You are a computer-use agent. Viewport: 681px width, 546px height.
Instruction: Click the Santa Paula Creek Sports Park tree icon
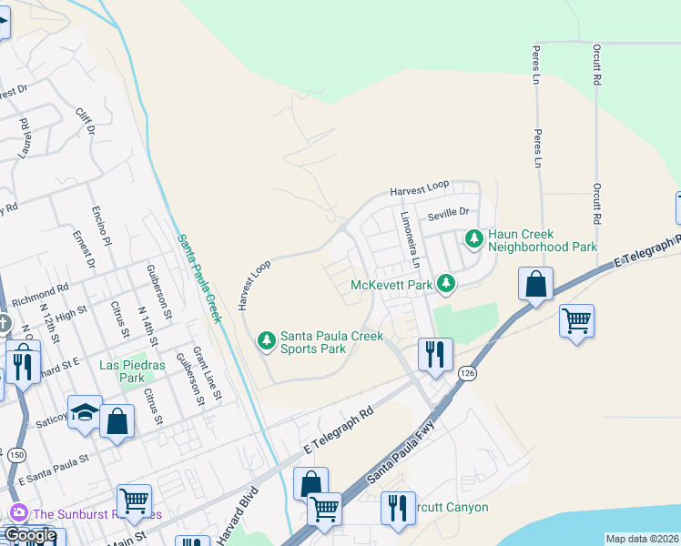[266, 341]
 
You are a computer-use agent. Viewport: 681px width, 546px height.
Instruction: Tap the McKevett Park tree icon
[445, 285]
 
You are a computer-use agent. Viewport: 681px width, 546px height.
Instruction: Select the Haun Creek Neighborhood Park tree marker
[473, 240]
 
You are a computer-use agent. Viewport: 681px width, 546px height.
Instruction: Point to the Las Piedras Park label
[121, 371]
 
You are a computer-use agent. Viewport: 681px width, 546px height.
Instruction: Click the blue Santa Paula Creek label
[199, 277]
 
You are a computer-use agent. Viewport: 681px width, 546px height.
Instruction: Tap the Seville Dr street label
[448, 212]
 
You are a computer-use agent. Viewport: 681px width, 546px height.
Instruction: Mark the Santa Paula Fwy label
[400, 452]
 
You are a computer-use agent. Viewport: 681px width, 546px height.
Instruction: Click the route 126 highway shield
[467, 373]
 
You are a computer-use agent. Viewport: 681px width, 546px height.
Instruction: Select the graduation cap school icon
[85, 412]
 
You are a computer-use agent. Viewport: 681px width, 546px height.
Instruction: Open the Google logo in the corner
[30, 536]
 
